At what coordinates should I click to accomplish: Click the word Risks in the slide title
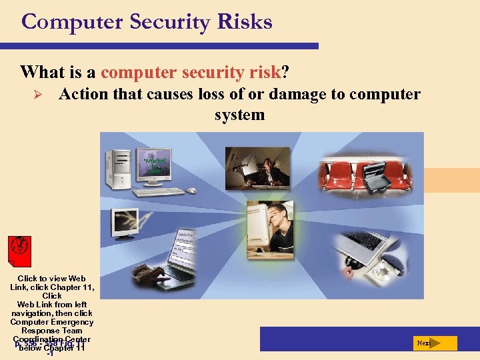(x=245, y=22)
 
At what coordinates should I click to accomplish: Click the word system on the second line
(x=239, y=115)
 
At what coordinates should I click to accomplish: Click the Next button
(x=434, y=343)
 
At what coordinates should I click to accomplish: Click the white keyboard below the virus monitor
(x=159, y=192)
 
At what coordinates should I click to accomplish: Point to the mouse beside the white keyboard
(x=191, y=190)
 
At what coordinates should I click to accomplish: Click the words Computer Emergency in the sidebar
(x=52, y=322)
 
